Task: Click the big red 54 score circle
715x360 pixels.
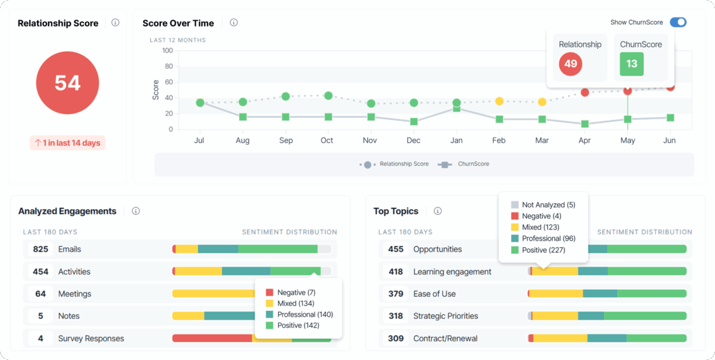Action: tap(67, 83)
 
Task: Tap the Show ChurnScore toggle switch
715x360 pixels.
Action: tap(678, 22)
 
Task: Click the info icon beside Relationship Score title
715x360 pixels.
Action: tap(115, 22)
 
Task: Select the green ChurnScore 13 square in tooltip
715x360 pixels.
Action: tap(631, 64)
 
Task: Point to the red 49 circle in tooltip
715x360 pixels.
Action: tap(570, 64)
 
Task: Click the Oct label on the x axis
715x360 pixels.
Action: tap(327, 140)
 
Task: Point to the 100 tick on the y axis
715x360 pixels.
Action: tap(167, 51)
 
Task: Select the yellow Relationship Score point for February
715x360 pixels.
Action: tap(499, 101)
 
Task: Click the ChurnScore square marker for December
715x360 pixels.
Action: tap(414, 122)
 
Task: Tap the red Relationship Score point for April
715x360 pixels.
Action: tap(585, 92)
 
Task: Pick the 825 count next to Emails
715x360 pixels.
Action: tap(40, 249)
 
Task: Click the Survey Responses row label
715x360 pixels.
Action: tap(91, 339)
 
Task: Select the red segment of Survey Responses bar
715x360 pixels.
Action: tap(212, 338)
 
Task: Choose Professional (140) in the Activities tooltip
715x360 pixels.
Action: tap(304, 315)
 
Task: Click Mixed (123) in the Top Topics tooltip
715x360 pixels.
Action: tap(540, 227)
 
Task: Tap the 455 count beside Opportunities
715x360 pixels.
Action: tap(396, 249)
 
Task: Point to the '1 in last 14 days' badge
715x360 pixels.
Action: tap(67, 143)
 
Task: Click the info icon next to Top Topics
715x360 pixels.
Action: tap(438, 211)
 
